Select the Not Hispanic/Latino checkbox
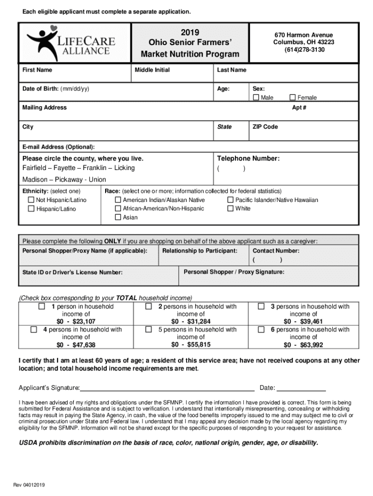click(x=31, y=200)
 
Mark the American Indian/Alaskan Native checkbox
click(x=118, y=200)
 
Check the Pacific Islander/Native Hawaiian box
click(x=230, y=200)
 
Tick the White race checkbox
click(x=230, y=209)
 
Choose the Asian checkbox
click(x=118, y=217)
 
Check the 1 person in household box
click(x=42, y=307)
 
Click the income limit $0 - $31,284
click(x=191, y=322)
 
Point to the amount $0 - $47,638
click(x=76, y=345)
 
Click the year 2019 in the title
click(x=190, y=32)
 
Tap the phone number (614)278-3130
click(x=304, y=50)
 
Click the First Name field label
click(x=37, y=70)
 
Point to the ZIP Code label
click(x=265, y=127)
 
